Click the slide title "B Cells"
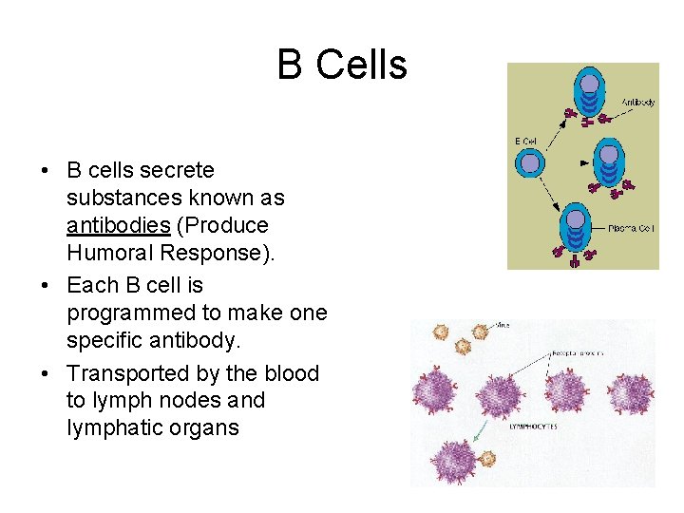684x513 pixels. click(342, 66)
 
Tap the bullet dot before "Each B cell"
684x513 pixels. click(46, 286)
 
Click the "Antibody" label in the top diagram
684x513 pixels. click(637, 102)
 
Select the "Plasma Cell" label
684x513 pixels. click(631, 228)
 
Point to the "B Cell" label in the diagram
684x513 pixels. click(526, 142)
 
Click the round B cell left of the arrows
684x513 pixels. click(530, 163)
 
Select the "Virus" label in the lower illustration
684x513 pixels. click(502, 325)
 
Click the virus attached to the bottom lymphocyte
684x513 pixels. click(487, 458)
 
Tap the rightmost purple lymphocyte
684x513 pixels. click(631, 391)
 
